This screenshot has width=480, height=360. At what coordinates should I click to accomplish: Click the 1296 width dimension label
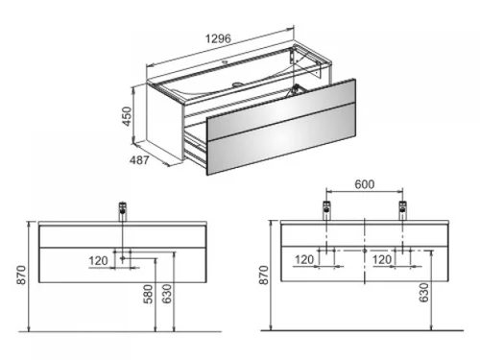coord(218,38)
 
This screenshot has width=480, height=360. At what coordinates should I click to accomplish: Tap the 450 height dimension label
coord(127,116)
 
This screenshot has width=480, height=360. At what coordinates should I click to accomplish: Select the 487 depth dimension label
coord(139,160)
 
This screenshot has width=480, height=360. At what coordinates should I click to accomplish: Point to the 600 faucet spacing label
coord(365,184)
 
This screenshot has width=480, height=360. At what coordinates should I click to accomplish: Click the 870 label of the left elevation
coord(21,275)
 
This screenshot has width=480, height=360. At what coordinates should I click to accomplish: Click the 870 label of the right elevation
coord(264,275)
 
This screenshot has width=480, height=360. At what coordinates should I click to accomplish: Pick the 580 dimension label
coord(148,294)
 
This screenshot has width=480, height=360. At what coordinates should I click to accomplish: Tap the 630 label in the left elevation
coord(167,294)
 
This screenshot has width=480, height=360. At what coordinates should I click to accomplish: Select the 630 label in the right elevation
coord(423,292)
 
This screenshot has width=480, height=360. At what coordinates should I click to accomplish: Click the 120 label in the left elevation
coord(98,261)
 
